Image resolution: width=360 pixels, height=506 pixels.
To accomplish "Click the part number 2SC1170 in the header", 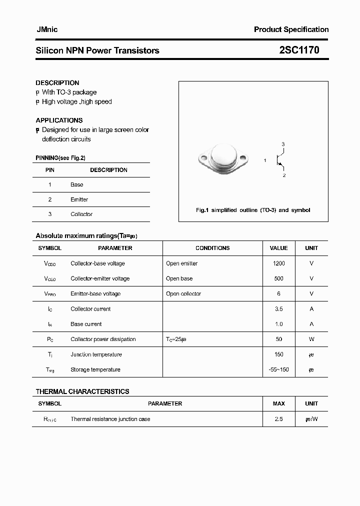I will tap(299, 50).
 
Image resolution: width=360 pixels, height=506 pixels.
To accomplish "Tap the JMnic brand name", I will tap(46, 29).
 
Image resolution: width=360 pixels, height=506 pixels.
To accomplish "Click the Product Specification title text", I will tap(291, 29).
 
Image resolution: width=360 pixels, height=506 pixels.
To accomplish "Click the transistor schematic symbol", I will tap(280, 160).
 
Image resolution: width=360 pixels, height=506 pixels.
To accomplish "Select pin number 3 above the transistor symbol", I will tap(283, 144).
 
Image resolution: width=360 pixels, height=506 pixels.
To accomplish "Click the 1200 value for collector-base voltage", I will tap(278, 263).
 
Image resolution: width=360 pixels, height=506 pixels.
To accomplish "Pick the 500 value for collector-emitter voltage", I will tap(278, 278).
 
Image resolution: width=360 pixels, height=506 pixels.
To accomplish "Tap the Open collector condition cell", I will tap(183, 294).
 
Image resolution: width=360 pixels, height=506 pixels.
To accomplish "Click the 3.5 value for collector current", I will tap(278, 309).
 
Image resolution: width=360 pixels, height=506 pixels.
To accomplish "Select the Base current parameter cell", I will tap(86, 324).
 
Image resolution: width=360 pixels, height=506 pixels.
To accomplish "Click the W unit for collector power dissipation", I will tap(311, 339).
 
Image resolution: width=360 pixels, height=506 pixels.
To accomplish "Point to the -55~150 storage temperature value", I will tap(278, 369).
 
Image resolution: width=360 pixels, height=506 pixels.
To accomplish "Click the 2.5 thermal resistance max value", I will tap(278, 419).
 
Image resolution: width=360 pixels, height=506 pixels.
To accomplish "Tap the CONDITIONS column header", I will tap(212, 248).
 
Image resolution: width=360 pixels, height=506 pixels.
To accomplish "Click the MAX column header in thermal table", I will tap(278, 403).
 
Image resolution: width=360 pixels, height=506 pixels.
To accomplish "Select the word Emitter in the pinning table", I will tap(79, 199).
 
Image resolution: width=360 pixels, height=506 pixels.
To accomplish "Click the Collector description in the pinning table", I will tap(81, 214).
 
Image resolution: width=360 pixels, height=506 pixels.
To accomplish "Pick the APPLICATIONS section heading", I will tap(59, 120).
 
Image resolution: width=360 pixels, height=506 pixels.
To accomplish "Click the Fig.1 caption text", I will tap(253, 210).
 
